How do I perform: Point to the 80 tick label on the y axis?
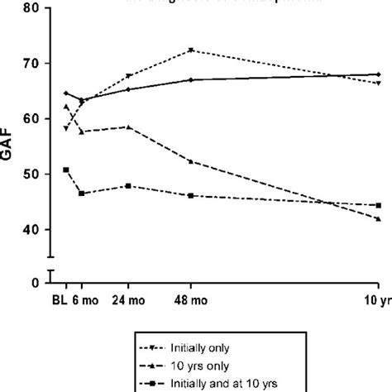pos(31,8)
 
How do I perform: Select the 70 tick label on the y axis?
pos(31,64)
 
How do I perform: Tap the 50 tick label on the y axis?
pos(31,174)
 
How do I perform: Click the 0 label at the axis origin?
pos(36,283)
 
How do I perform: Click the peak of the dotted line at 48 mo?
pos(191,50)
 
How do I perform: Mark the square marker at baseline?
pos(66,170)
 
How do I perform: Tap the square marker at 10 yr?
pos(378,205)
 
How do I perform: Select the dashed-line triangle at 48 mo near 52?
pos(191,161)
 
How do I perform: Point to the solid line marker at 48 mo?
pos(191,79)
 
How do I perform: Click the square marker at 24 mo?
pos(127,186)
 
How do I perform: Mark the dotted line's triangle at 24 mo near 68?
pos(127,76)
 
